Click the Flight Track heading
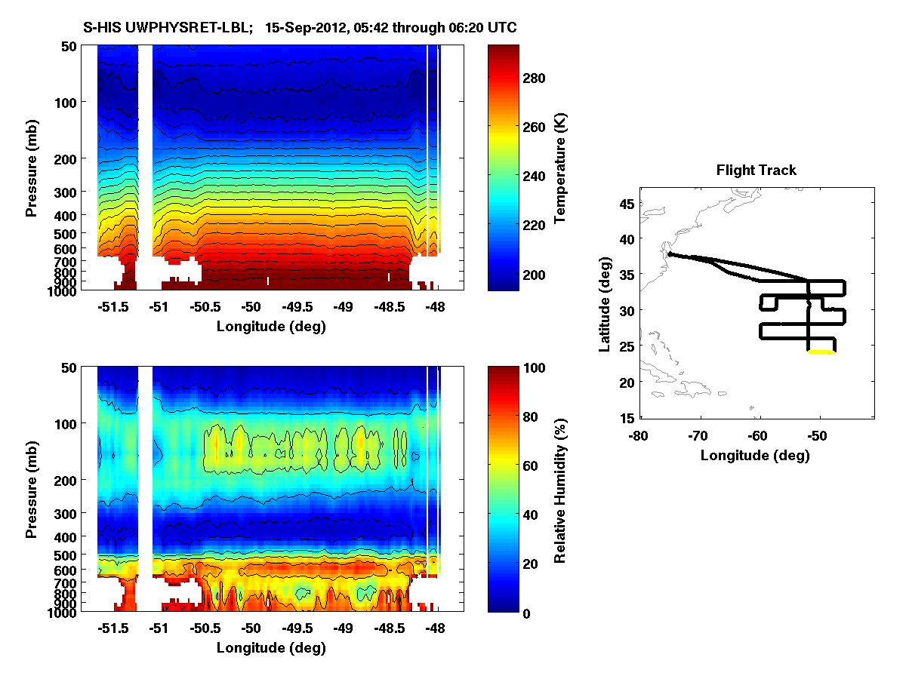(x=756, y=171)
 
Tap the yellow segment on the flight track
(x=821, y=352)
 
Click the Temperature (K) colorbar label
(x=560, y=167)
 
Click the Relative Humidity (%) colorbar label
(x=560, y=490)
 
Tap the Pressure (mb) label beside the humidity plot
(x=32, y=490)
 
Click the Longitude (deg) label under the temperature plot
(x=272, y=326)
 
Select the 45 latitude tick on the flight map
(x=626, y=202)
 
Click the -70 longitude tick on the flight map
(x=701, y=435)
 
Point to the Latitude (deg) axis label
(x=605, y=309)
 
